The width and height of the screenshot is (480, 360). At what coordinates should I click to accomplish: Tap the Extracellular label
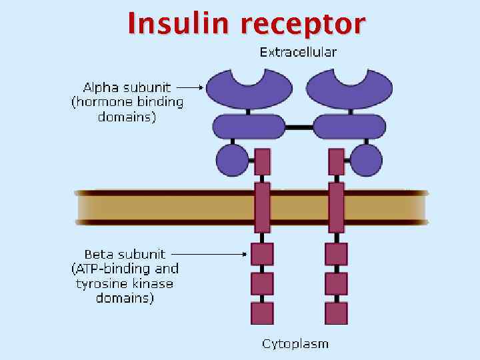pos(298,52)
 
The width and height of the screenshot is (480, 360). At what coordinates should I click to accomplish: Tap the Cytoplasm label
pos(295,344)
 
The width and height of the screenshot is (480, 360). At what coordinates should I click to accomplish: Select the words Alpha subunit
pos(127,87)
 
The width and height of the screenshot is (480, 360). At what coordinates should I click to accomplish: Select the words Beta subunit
pos(125,254)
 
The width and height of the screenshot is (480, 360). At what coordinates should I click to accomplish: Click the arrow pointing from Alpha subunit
pos(191,87)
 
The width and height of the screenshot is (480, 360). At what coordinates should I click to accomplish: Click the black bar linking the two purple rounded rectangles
pos(299,126)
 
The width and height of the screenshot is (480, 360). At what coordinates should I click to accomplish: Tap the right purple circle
pos(366,161)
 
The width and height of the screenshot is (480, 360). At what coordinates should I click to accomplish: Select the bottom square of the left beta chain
pos(262,313)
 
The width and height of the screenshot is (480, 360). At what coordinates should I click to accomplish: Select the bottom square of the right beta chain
pos(336,313)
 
